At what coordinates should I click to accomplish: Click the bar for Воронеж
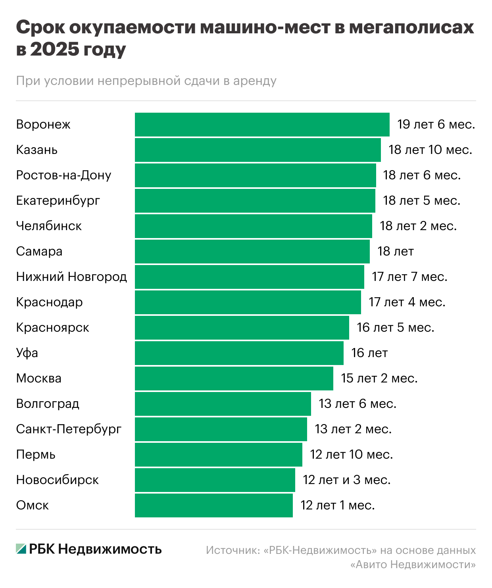[x=262, y=125]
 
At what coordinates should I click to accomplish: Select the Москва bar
[x=234, y=379]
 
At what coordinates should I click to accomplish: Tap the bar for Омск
[x=214, y=505]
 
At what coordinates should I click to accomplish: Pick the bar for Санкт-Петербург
[x=221, y=429]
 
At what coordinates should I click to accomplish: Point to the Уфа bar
[x=239, y=353]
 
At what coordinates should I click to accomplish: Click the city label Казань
[x=37, y=150]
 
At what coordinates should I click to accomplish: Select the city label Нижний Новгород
[x=71, y=277]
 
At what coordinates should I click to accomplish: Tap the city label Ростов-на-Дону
[x=63, y=175]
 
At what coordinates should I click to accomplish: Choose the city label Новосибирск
[x=58, y=480]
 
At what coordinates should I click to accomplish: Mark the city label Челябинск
[x=49, y=226]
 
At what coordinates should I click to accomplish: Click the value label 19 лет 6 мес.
[x=436, y=125]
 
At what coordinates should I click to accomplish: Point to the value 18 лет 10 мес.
[x=430, y=150]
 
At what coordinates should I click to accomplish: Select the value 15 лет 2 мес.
[x=379, y=379]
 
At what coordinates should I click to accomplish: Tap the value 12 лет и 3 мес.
[x=347, y=480]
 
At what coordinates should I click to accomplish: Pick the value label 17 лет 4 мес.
[x=407, y=302]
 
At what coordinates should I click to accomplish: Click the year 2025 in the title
[x=54, y=50]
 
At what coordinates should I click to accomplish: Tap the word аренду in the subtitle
[x=255, y=81]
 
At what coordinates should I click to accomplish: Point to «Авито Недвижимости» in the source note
[x=413, y=564]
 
